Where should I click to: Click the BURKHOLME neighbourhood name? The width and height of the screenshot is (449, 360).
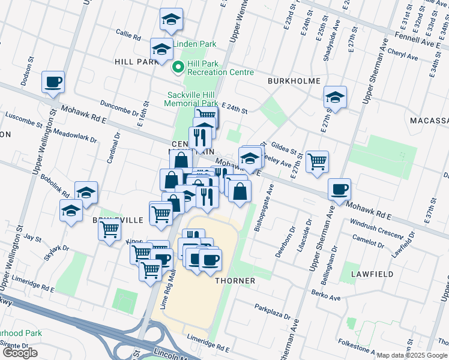294,81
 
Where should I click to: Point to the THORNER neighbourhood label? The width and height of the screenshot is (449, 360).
235,281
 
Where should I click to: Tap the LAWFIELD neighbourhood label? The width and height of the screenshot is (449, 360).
373,274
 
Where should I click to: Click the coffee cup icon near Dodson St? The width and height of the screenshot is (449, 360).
53,82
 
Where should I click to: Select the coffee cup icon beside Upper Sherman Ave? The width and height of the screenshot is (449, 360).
340,189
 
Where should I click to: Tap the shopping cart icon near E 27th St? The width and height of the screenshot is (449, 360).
317,161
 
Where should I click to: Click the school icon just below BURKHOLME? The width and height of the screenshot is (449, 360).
335,96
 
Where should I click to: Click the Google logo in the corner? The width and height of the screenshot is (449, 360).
20,353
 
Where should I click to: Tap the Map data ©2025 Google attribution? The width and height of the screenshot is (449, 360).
412,355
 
